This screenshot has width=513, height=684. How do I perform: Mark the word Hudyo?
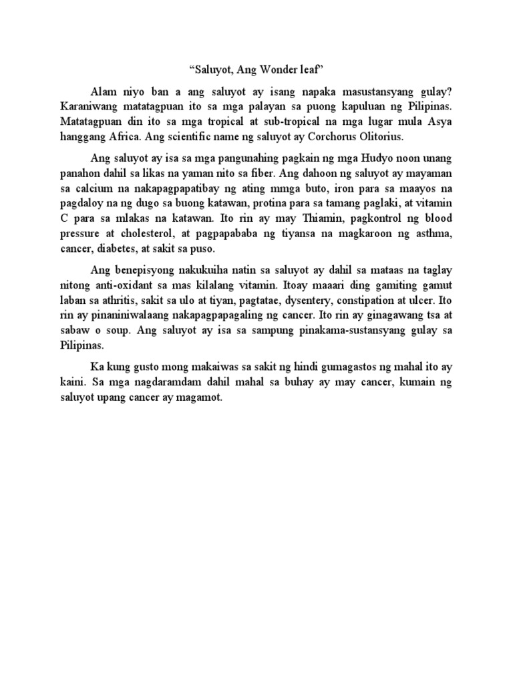tap(381, 158)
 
